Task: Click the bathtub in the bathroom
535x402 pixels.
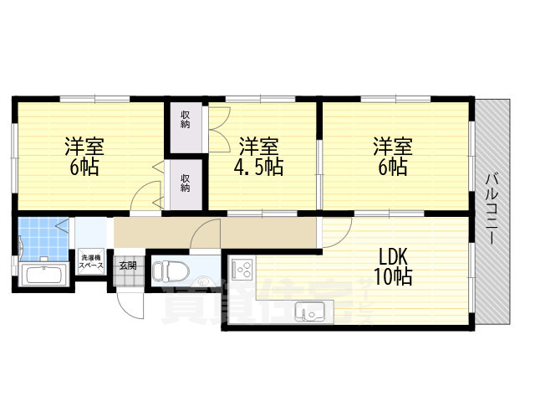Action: (x=40, y=275)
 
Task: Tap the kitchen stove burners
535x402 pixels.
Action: (x=242, y=270)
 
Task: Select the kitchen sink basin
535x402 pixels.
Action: (x=311, y=314)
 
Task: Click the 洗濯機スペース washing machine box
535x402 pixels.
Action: (x=91, y=261)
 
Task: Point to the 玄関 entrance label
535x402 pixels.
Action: (x=126, y=265)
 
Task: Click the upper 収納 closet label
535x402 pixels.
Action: (x=185, y=119)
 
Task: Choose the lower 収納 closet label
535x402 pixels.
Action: (x=185, y=182)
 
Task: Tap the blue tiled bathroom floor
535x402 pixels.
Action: (x=40, y=237)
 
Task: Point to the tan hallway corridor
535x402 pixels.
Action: (x=217, y=232)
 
